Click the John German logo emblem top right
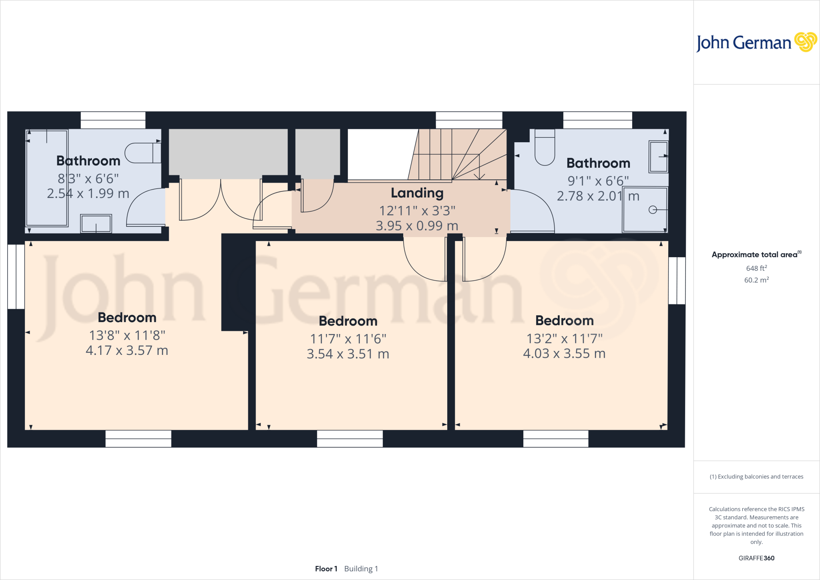click(805, 42)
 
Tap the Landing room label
click(417, 193)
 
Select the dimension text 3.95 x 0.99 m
click(417, 226)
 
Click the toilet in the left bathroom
click(142, 153)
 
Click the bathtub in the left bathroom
click(47, 178)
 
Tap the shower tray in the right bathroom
click(645, 209)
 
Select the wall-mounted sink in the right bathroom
click(659, 156)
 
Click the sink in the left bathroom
click(96, 224)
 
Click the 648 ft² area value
click(756, 268)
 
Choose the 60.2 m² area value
click(756, 280)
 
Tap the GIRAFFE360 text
click(756, 558)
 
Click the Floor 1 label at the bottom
click(326, 569)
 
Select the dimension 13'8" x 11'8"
click(127, 335)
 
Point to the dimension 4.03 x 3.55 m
click(564, 354)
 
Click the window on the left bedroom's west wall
click(16, 276)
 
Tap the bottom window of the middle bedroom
click(350, 439)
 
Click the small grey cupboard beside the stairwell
click(318, 152)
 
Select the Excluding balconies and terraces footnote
click(756, 477)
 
